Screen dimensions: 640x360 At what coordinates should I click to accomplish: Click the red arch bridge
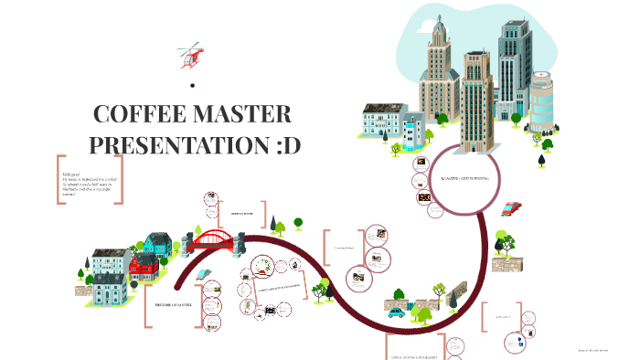pos(212,240)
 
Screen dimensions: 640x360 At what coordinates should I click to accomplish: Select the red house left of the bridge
pos(143,268)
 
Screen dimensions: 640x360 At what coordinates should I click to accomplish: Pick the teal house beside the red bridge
pos(157,244)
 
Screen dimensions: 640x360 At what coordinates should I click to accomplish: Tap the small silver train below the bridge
pos(208,273)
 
